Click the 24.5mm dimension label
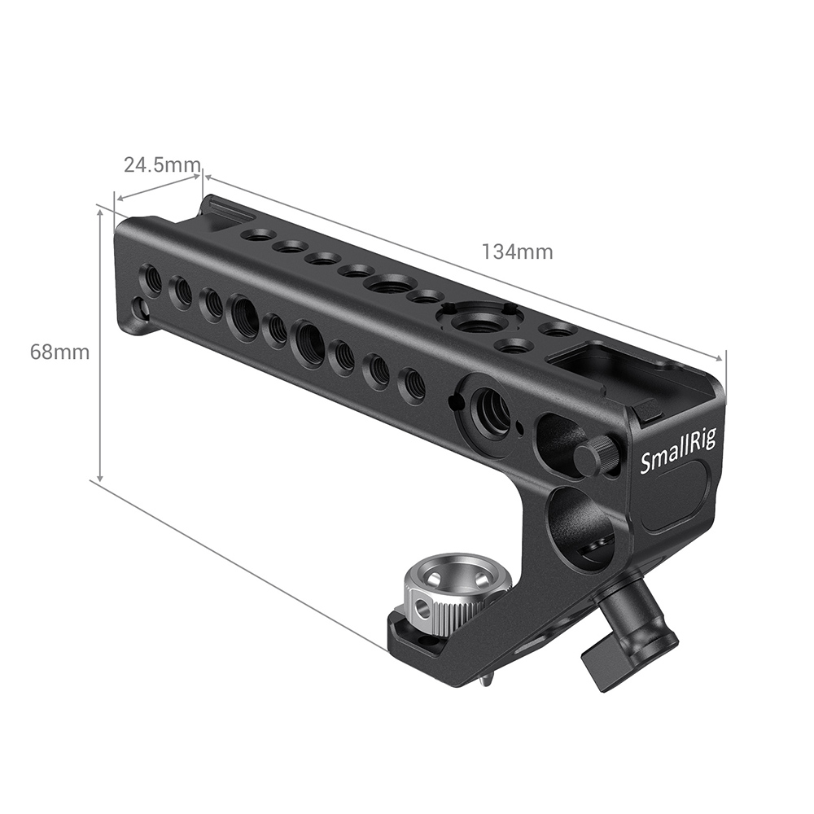coord(161,165)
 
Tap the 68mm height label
coord(59,352)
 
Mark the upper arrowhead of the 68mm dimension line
coord(100,211)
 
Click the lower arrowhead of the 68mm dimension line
coord(100,478)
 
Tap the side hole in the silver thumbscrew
coord(422,607)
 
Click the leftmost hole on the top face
coord(258,234)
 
